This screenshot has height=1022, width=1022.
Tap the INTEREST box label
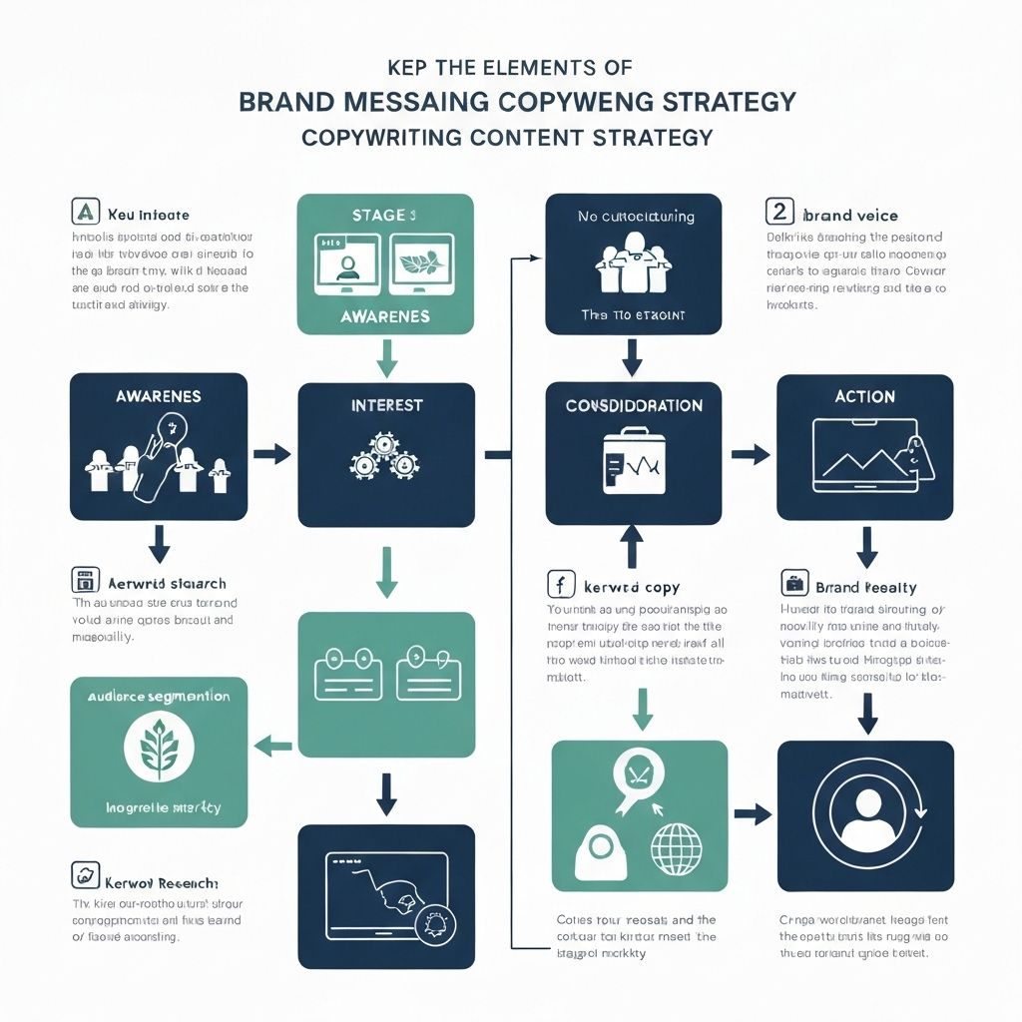pos(386,405)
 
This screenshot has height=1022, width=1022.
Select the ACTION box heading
pos(864,396)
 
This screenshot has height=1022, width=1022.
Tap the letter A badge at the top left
pos(86,213)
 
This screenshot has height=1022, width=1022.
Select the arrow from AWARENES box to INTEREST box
pos(270,455)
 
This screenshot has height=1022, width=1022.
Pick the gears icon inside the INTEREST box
pos(384,456)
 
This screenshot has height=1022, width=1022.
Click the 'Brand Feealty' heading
pos(865,588)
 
